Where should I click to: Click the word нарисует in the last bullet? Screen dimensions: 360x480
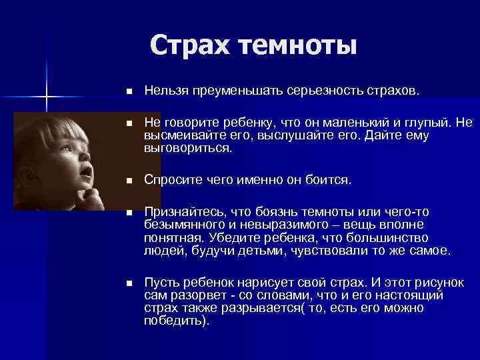pos(257,283)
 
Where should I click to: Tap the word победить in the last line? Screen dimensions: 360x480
pos(173,320)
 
